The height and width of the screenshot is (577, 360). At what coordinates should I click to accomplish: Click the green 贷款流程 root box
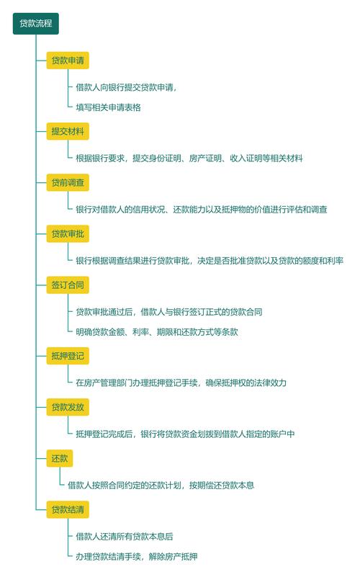(36, 24)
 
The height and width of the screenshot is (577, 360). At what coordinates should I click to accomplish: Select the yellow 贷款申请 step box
(68, 61)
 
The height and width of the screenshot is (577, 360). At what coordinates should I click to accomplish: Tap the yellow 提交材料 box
(68, 131)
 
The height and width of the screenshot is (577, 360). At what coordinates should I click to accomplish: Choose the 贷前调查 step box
(68, 182)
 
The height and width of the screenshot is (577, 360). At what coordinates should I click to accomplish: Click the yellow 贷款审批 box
(68, 233)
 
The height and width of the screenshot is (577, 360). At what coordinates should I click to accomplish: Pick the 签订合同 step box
(68, 285)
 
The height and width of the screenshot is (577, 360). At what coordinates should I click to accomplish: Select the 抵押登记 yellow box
(68, 356)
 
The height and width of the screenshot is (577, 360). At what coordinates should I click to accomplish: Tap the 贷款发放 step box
(68, 407)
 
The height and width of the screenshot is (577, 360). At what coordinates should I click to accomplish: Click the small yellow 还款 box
(60, 458)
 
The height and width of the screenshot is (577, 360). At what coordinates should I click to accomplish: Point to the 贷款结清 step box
(68, 509)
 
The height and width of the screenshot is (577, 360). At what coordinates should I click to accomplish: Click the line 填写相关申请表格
(108, 107)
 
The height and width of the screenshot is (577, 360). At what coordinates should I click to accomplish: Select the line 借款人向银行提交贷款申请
(126, 88)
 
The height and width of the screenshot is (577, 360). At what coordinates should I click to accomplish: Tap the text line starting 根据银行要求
(189, 158)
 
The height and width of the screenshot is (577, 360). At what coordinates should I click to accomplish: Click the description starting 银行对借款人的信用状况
(202, 210)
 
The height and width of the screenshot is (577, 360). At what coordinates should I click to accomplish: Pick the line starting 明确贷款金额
(157, 332)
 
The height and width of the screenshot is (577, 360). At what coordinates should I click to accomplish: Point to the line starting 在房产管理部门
(181, 383)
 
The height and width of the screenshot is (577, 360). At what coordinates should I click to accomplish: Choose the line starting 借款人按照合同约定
(161, 485)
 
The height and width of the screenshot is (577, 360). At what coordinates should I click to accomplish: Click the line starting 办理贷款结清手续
(136, 556)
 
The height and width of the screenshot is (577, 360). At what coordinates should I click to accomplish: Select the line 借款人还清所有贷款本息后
(125, 537)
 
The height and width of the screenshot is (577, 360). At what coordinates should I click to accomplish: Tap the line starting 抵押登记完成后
(185, 434)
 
